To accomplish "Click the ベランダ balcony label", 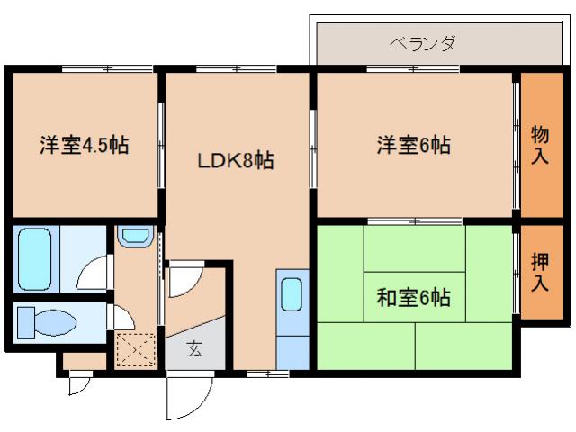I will [422, 42].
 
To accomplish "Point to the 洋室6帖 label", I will [413, 144].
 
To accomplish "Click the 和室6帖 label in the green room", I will [414, 296].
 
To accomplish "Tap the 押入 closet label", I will [540, 272].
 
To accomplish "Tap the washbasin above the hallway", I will [136, 237].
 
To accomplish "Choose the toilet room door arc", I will [120, 318].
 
